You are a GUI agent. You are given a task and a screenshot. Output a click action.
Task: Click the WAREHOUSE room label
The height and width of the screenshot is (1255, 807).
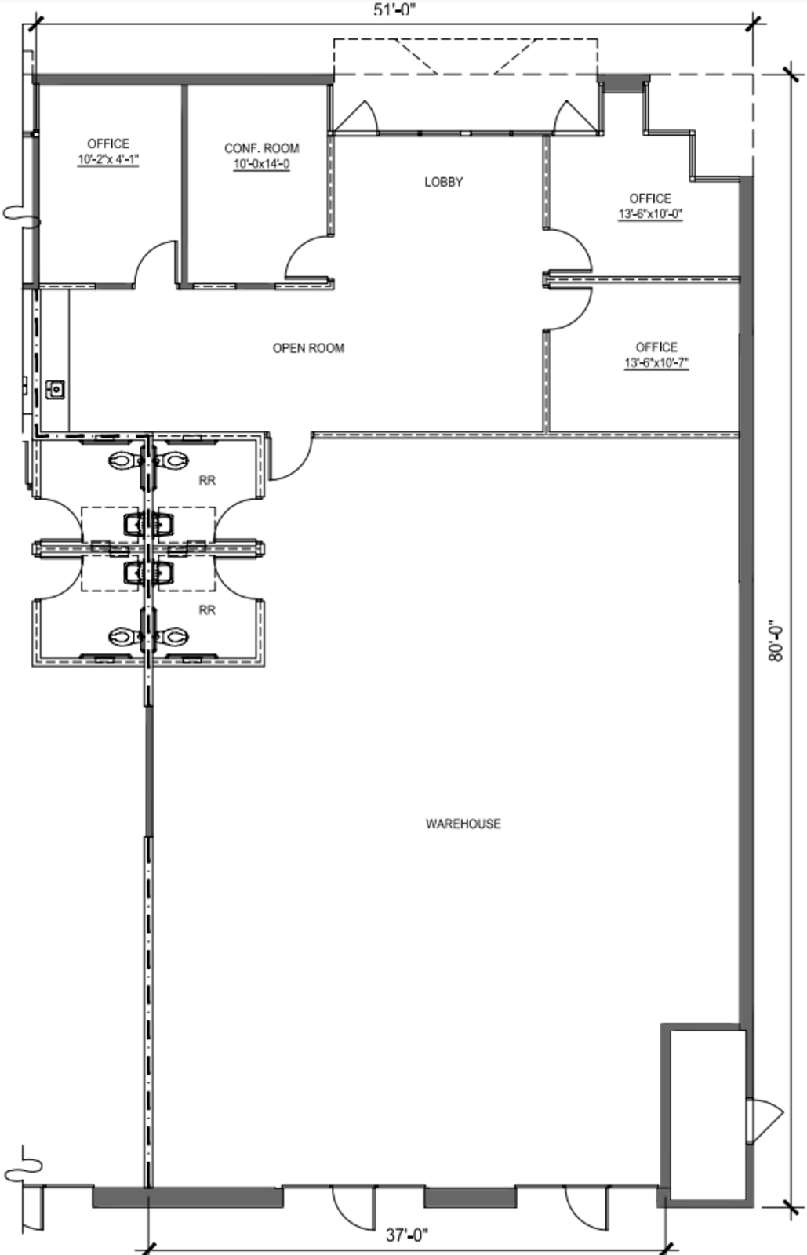click(463, 824)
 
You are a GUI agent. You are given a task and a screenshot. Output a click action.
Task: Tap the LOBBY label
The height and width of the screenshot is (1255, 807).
click(444, 182)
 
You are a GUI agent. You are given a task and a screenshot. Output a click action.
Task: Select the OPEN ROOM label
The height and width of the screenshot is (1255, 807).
click(308, 348)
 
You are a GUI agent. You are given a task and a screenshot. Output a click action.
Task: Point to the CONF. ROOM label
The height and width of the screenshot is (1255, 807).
click(261, 148)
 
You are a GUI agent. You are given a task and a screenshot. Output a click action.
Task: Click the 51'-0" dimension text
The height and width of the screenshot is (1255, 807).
click(394, 9)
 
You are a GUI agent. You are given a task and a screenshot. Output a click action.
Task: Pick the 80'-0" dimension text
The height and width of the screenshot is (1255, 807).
click(776, 641)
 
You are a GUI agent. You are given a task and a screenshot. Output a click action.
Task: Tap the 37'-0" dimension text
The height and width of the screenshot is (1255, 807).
click(407, 1235)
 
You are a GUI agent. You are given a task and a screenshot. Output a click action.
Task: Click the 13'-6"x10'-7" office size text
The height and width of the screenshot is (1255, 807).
click(656, 363)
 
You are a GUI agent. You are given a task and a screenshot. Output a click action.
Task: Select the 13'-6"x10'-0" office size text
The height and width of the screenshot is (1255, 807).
click(650, 214)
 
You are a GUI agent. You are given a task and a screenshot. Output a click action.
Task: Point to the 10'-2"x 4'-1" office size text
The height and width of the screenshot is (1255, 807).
click(108, 160)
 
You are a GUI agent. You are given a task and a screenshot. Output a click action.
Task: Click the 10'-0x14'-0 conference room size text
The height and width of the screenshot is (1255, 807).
click(261, 164)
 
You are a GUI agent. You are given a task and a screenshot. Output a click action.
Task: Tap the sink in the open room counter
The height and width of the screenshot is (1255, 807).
click(56, 389)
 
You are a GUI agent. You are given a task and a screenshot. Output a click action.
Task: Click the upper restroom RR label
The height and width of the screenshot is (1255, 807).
click(207, 480)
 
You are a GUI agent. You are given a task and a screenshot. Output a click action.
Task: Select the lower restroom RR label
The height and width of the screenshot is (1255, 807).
click(207, 609)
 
